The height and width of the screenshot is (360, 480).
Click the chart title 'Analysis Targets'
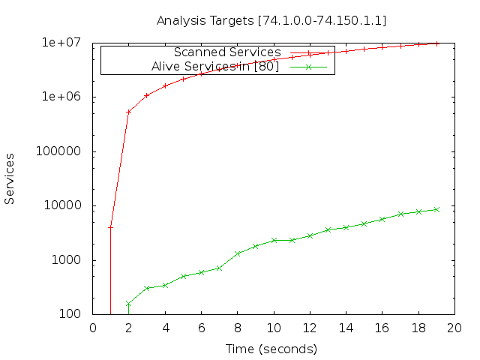tap(205, 21)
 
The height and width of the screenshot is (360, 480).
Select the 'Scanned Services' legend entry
tap(227, 52)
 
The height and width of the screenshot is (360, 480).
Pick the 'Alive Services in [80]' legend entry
tap(215, 67)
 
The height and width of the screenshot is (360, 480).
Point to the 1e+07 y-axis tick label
tap(61, 42)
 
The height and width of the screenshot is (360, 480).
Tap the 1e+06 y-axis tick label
tap(61, 97)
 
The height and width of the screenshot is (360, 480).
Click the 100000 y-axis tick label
tap(58, 151)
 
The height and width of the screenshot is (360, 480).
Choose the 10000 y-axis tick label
tap(63, 205)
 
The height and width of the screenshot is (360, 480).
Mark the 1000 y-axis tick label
tap(66, 260)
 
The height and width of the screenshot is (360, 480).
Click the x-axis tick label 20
tap(454, 328)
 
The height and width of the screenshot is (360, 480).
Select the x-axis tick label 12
tap(310, 328)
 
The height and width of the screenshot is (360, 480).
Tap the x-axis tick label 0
tap(93, 328)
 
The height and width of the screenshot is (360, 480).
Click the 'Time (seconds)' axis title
tap(271, 349)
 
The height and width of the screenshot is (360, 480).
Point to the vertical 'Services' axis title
tap(9, 178)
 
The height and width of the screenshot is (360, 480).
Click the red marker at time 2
tap(128, 112)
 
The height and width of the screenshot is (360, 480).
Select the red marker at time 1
tap(110, 228)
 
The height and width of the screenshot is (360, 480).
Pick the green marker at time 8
tap(237, 253)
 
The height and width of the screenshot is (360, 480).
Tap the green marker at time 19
tap(436, 210)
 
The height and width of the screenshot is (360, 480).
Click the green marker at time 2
tap(128, 304)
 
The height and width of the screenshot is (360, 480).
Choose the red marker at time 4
tap(165, 86)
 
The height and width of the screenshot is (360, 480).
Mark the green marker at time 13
tap(328, 229)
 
